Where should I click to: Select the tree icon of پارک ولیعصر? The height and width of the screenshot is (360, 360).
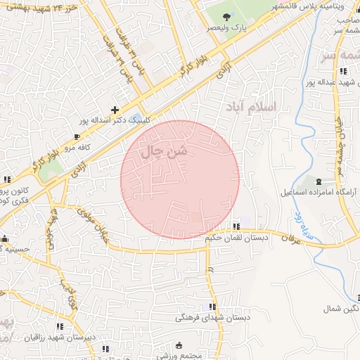click(226, 16)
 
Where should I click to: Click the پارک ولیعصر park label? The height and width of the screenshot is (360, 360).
click(226, 27)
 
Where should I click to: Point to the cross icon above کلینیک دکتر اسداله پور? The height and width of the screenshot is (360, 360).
click(115, 110)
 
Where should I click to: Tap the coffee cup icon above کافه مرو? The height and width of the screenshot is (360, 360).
click(77, 137)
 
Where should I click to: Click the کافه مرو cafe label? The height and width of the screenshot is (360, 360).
click(78, 148)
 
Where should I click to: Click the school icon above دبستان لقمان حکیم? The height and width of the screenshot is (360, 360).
click(236, 226)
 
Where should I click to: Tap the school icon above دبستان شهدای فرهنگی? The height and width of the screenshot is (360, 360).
click(212, 307)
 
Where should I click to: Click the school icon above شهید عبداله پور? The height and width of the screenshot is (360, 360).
click(342, 72)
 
